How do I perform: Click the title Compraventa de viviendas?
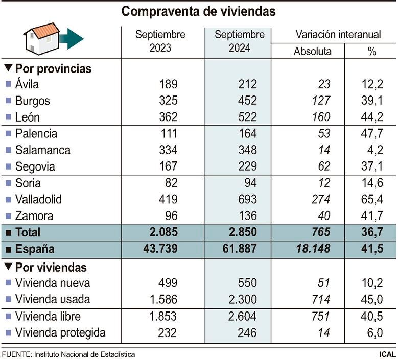click(x=199, y=12)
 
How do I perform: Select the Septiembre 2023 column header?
click(x=160, y=42)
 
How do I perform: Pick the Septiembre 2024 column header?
click(x=239, y=42)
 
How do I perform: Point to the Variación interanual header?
click(x=338, y=35)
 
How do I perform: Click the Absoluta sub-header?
click(x=312, y=52)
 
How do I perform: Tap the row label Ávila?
click(x=27, y=84)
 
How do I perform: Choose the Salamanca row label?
click(x=42, y=150)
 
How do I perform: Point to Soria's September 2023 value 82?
click(x=168, y=183)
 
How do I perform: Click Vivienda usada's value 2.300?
click(x=239, y=300)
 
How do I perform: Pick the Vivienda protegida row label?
click(x=60, y=333)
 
